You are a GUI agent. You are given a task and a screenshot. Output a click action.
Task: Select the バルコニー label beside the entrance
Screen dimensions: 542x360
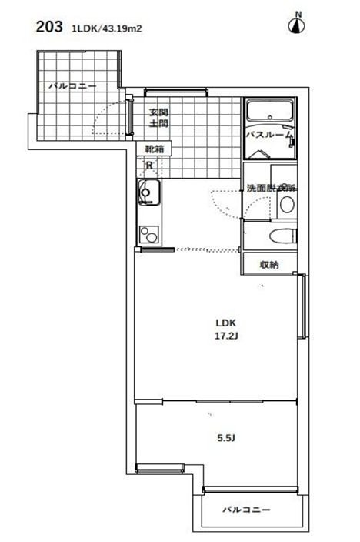tap(73, 86)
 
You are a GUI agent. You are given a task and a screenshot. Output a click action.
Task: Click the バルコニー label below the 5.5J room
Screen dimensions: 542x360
tap(247, 510)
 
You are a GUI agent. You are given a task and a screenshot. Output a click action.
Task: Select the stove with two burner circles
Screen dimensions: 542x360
tap(147, 233)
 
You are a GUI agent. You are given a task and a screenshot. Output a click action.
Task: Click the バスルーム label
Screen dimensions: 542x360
tap(268, 135)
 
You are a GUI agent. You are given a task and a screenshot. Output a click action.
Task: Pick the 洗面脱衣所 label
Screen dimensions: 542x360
tap(271, 188)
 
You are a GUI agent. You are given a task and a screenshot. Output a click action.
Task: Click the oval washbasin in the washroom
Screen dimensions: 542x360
tap(286, 206)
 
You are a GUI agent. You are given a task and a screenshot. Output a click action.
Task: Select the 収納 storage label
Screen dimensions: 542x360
tap(269, 265)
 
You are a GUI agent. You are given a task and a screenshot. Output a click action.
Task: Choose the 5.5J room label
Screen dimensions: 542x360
tap(225, 439)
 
